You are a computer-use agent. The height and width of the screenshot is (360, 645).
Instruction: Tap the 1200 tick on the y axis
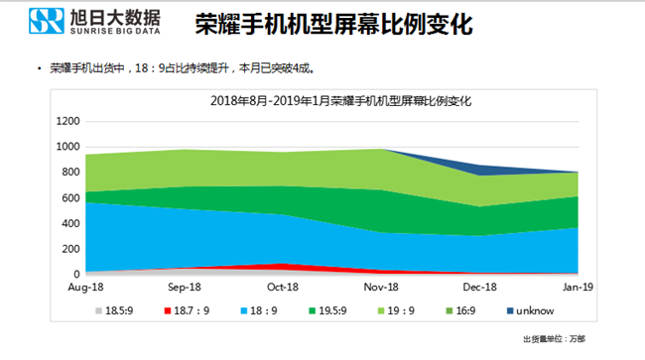(67, 121)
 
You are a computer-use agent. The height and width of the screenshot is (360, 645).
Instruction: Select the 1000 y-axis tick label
(67, 147)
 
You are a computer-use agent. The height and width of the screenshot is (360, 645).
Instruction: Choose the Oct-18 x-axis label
(283, 287)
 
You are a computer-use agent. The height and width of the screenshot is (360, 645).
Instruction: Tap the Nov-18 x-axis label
(382, 287)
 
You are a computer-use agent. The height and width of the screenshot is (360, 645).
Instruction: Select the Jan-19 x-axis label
(580, 287)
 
